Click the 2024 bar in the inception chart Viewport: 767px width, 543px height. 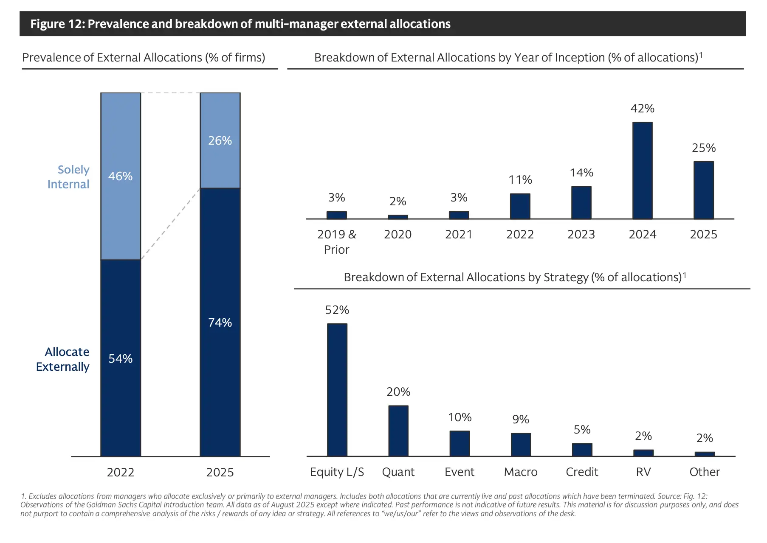pos(642,171)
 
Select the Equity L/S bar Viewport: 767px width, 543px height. pos(337,390)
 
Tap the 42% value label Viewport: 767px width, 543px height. pos(642,109)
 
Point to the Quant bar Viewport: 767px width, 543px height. pos(398,431)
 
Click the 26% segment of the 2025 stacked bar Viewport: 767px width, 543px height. pos(220,140)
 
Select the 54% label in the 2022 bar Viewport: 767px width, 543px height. pos(121,358)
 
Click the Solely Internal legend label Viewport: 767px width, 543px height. pos(68,177)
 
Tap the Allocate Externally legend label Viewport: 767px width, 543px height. pos(63,359)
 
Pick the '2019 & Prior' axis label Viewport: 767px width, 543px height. pos(336,242)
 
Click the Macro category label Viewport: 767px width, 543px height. pos(521,472)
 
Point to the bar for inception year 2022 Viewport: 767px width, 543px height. pos(520,206)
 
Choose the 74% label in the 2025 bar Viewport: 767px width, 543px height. pos(220,322)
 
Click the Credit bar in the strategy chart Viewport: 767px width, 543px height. pos(582,450)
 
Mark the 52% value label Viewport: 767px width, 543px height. pos(337,310)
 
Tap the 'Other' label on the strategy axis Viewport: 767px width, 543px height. pos(704,472)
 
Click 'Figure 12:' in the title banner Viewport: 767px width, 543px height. pos(57,24)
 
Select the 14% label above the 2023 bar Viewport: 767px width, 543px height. pos(581,173)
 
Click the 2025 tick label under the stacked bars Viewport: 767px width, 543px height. pos(220,472)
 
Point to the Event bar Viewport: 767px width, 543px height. pos(460,443)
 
